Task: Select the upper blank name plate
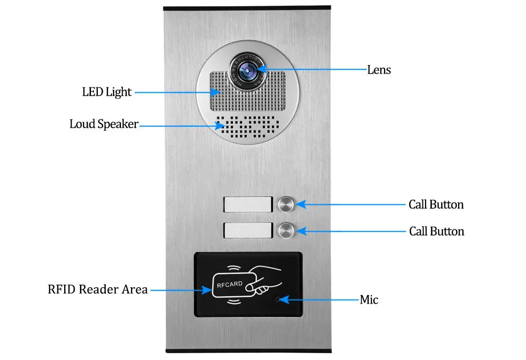(x=248, y=204)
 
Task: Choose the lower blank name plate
(x=248, y=231)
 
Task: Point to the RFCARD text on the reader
(x=230, y=284)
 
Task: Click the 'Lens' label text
(x=379, y=69)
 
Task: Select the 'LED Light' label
(x=107, y=92)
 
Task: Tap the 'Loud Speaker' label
(x=104, y=124)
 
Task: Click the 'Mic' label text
(x=369, y=300)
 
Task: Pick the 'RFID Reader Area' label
(x=97, y=289)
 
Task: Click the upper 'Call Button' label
(x=436, y=204)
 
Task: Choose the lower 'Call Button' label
(x=437, y=231)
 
